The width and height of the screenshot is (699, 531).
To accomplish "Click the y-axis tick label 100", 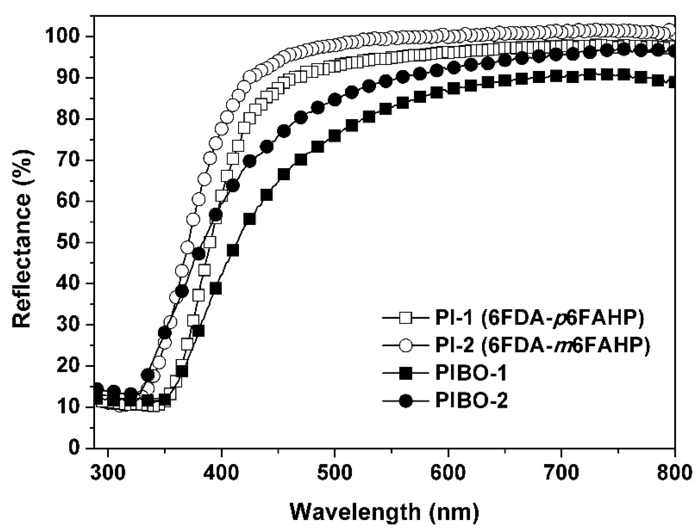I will tap(63, 37).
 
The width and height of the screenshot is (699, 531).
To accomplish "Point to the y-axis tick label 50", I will tap(69, 243).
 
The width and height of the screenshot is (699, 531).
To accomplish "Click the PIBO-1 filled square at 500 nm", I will tap(335, 136).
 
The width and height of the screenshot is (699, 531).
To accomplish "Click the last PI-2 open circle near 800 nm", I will tap(670, 29).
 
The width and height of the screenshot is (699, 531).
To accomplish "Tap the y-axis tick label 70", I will tap(69, 161).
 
